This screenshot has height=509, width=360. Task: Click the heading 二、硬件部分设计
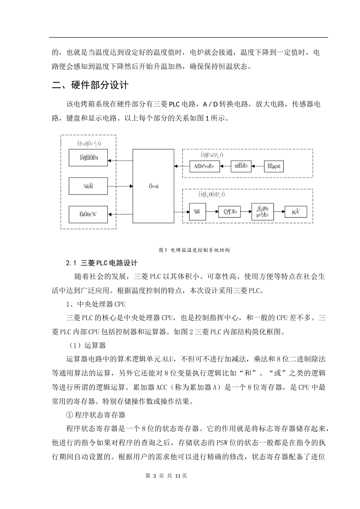tap(90, 85)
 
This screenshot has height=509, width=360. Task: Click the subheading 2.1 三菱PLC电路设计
tap(102, 263)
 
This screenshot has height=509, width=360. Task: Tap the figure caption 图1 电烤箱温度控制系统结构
tap(194, 250)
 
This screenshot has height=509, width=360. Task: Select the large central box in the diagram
tap(153, 186)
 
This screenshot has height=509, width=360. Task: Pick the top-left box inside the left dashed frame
tap(88, 158)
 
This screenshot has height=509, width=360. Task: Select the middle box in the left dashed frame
tap(88, 186)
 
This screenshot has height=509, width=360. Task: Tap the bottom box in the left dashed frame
tap(88, 214)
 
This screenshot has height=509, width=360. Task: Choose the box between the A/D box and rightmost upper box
tap(241, 166)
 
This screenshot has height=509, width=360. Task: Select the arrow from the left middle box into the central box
tap(120, 186)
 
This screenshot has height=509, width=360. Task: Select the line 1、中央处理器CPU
tap(96, 304)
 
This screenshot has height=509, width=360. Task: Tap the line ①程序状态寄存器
tap(95, 415)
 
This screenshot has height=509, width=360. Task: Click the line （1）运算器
tap(87, 345)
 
